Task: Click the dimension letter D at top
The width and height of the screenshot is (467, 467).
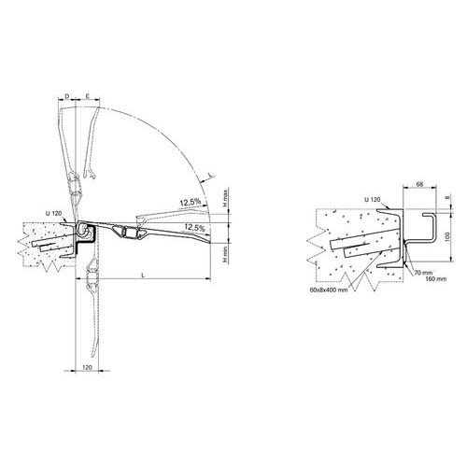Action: (x=67, y=96)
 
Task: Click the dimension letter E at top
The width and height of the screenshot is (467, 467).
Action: (x=88, y=96)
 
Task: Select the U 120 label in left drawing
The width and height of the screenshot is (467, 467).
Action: (x=54, y=214)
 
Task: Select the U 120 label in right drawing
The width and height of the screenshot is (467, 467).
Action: (x=373, y=199)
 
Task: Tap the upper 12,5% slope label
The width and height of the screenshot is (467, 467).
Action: (x=190, y=202)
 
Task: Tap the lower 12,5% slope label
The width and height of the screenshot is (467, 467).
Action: (x=194, y=227)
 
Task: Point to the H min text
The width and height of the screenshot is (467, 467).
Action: (x=226, y=253)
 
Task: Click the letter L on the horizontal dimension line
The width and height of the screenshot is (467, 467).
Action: (x=143, y=276)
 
